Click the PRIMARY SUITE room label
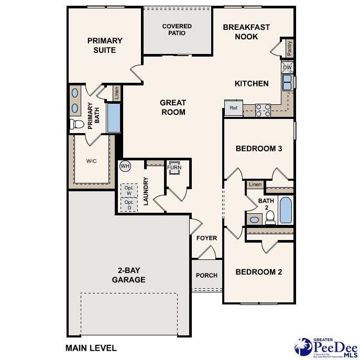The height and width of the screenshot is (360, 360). [105, 45]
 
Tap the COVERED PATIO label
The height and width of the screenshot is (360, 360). [177, 29]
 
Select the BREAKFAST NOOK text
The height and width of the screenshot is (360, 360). [246, 31]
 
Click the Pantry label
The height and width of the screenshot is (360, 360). [289, 48]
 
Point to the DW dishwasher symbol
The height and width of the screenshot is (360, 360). [287, 68]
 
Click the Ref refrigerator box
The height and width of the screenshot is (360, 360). [233, 108]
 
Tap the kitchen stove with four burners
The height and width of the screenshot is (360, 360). [264, 110]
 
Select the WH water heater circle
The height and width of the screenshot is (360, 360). [125, 166]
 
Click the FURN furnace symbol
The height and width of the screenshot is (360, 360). [174, 168]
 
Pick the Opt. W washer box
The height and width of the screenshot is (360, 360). [129, 190]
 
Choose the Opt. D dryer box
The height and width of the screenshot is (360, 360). [129, 205]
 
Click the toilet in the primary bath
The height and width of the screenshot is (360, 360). [77, 124]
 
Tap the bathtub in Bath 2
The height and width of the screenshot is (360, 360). [286, 211]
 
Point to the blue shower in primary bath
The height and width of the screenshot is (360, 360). [114, 118]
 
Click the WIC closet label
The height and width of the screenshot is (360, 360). [91, 161]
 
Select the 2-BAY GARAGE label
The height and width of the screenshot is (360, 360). [128, 275]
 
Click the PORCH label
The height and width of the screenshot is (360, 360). [206, 276]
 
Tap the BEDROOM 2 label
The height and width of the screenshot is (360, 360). [259, 271]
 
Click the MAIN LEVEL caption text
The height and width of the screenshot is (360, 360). [91, 347]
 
